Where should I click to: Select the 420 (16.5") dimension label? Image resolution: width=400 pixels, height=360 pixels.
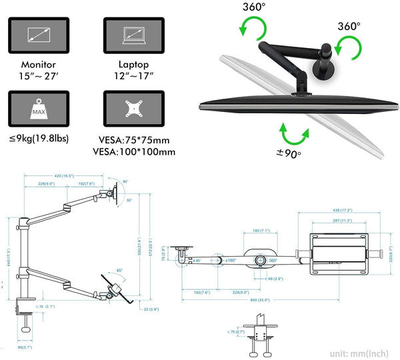[64, 177]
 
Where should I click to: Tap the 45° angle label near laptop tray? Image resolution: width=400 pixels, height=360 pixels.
[119, 270]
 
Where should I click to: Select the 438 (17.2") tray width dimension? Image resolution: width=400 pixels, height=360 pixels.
[343, 211]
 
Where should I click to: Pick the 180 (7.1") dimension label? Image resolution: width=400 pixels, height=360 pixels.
[262, 231]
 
